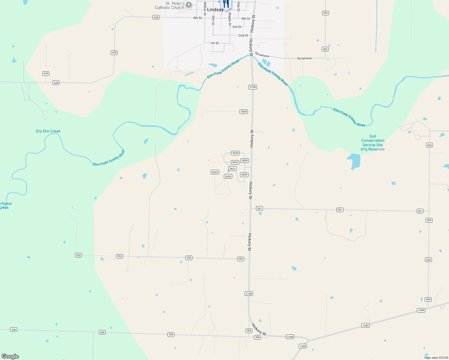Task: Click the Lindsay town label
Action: [215, 10]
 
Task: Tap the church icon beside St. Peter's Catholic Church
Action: [189, 5]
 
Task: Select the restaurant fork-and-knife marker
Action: [226, 4]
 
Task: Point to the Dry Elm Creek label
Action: [48, 131]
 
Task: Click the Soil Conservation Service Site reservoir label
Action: [372, 142]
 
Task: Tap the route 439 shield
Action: [46, 73]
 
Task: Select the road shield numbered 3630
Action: [235, 153]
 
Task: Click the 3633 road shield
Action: [215, 172]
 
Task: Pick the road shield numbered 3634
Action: [228, 176]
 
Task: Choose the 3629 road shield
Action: [244, 175]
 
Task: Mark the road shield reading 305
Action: [249, 331]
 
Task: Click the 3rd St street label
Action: [237, 27]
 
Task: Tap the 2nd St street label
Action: [243, 35]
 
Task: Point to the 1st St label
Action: [214, 43]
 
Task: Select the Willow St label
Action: [205, 8]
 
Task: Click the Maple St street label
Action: [230, 19]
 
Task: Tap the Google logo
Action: [10, 356]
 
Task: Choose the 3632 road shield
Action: [235, 162]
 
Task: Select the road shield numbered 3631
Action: [233, 169]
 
